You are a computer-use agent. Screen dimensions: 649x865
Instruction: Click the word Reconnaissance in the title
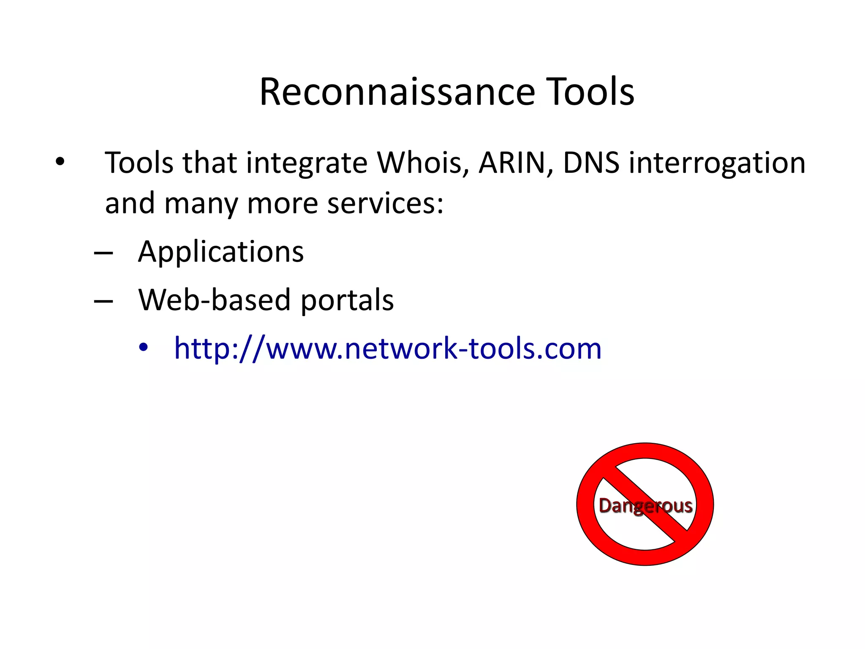pyautogui.click(x=397, y=92)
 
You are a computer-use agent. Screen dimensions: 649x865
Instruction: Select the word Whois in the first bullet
pyautogui.click(x=423, y=163)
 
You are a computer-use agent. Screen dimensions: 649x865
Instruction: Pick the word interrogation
pyautogui.click(x=717, y=164)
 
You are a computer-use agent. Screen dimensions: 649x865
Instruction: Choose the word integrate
pyautogui.click(x=307, y=164)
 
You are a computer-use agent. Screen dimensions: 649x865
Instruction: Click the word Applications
pyautogui.click(x=221, y=252)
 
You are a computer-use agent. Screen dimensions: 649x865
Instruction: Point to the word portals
pyautogui.click(x=347, y=300)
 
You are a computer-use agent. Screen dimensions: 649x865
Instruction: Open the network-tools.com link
pyautogui.click(x=388, y=349)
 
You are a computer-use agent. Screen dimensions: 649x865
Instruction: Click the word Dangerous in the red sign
pyautogui.click(x=645, y=506)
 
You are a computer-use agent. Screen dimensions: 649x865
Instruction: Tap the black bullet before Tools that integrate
pyautogui.click(x=60, y=162)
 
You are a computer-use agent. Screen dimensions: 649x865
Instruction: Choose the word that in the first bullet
pyautogui.click(x=209, y=163)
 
